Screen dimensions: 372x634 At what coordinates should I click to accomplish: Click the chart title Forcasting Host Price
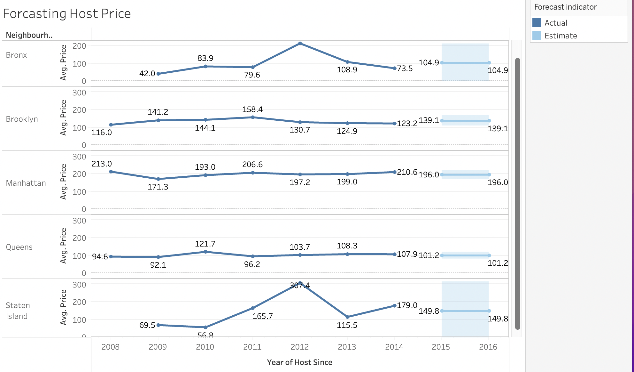pyautogui.click(x=67, y=14)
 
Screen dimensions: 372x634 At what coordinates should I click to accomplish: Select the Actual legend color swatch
pyautogui.click(x=537, y=23)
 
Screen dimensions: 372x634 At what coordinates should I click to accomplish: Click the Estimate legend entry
pyautogui.click(x=561, y=36)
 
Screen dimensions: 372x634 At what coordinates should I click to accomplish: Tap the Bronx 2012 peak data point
pyautogui.click(x=300, y=43)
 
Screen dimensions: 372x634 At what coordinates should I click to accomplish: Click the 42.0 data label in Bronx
pyautogui.click(x=147, y=74)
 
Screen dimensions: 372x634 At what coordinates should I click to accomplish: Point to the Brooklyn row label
pyautogui.click(x=22, y=119)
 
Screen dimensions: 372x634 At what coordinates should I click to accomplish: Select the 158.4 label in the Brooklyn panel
pyautogui.click(x=252, y=109)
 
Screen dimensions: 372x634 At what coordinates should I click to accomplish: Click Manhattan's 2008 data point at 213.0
pyautogui.click(x=111, y=172)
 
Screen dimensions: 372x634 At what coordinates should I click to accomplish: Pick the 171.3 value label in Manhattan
pyautogui.click(x=158, y=187)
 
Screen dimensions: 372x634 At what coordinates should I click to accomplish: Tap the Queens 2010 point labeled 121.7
pyautogui.click(x=205, y=252)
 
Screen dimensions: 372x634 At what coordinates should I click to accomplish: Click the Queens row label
pyautogui.click(x=19, y=247)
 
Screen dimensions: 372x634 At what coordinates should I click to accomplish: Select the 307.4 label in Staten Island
pyautogui.click(x=299, y=285)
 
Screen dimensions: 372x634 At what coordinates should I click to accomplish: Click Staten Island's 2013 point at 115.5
pyautogui.click(x=347, y=317)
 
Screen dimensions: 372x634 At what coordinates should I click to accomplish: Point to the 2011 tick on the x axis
pyautogui.click(x=252, y=347)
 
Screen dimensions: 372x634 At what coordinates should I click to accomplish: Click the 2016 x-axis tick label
pyautogui.click(x=488, y=347)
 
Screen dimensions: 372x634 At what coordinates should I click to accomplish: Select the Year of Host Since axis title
pyautogui.click(x=299, y=362)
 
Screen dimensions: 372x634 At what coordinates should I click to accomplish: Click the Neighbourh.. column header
pyautogui.click(x=29, y=35)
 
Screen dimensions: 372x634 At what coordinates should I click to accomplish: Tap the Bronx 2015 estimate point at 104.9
pyautogui.click(x=442, y=63)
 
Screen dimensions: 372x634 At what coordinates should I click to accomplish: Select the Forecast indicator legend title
pyautogui.click(x=565, y=7)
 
